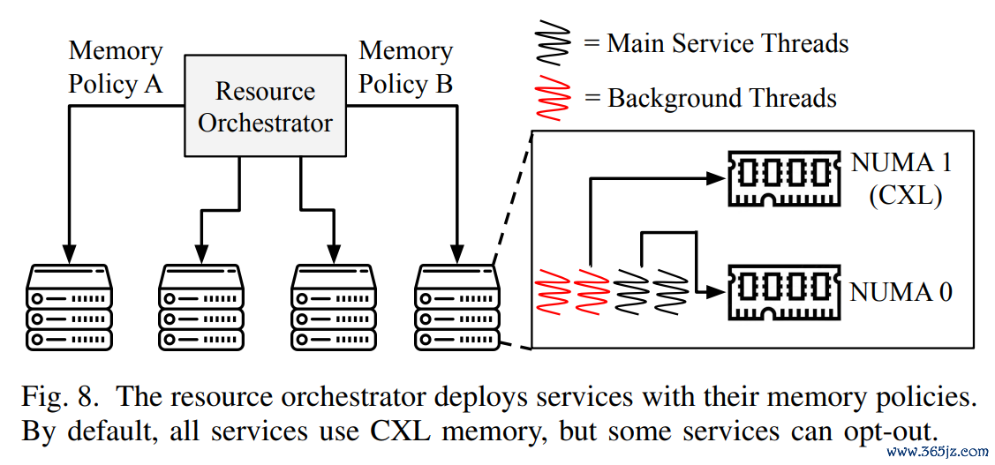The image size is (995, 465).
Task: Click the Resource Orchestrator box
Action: pyautogui.click(x=265, y=107)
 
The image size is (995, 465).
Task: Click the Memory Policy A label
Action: pyautogui.click(x=115, y=67)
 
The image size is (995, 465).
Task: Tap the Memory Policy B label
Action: pyautogui.click(x=405, y=67)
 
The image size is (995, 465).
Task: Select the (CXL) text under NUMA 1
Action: pyautogui.click(x=904, y=197)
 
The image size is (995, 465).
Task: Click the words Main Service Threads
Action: pyautogui.click(x=727, y=43)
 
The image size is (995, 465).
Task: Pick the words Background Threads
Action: pyautogui.click(x=722, y=98)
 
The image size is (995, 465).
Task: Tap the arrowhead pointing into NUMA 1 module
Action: pyautogui.click(x=715, y=179)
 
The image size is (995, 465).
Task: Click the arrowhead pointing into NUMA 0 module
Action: pyautogui.click(x=715, y=292)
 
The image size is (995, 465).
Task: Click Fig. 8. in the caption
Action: pyautogui.click(x=60, y=397)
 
